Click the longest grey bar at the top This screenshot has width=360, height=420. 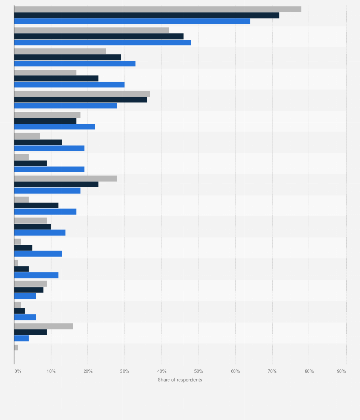(x=158, y=9)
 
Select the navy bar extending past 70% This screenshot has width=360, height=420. (x=147, y=15)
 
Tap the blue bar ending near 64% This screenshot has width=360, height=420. (x=132, y=21)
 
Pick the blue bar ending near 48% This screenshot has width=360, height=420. (x=102, y=42)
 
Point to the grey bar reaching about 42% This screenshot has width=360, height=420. (x=91, y=30)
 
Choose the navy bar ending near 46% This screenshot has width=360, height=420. (x=99, y=36)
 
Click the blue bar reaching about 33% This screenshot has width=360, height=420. (x=74, y=63)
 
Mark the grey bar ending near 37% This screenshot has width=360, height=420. (x=82, y=94)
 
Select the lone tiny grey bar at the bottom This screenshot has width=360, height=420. (x=16, y=347)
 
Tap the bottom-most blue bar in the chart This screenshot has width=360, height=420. (x=21, y=338)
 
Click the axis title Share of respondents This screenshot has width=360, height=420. (x=180, y=380)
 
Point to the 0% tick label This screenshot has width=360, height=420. (x=18, y=371)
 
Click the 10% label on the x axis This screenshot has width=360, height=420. (x=51, y=371)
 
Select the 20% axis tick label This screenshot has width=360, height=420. (x=88, y=371)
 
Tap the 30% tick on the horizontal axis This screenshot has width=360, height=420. (x=125, y=371)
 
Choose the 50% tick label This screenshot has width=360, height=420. (x=199, y=371)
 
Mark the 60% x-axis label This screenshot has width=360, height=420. (x=235, y=371)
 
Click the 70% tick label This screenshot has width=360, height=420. (x=272, y=371)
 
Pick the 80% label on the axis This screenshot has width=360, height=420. (x=309, y=371)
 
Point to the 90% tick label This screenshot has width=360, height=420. (x=341, y=371)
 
